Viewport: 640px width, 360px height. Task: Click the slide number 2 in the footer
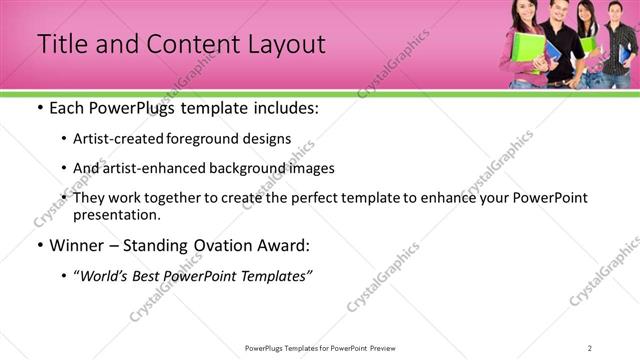pos(589,348)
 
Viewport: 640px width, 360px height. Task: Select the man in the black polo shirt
pos(561,45)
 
